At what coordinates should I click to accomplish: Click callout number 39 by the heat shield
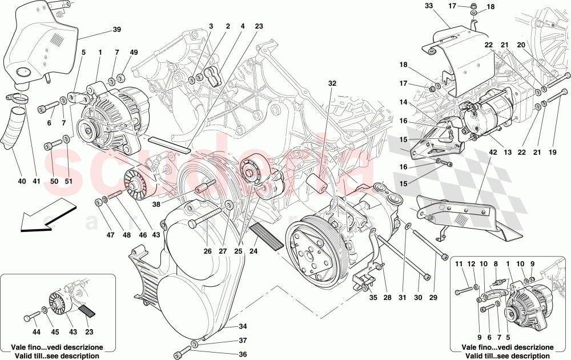click(x=116, y=30)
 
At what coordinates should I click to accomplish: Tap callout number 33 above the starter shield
click(x=429, y=7)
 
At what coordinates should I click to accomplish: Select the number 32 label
click(x=332, y=83)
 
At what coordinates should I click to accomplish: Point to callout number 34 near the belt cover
click(x=242, y=326)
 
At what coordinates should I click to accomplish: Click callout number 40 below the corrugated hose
click(x=22, y=182)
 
